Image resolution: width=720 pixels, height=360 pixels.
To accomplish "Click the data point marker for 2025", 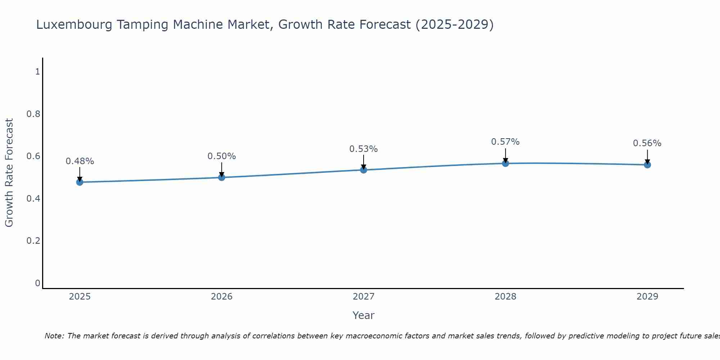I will (80, 182).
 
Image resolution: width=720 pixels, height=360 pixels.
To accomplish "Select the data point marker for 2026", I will (222, 177).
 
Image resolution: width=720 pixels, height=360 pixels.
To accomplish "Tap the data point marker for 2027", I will (364, 170).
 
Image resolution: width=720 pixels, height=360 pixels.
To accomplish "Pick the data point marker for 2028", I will (505, 163).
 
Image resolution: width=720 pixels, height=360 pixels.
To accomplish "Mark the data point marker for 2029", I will (647, 165).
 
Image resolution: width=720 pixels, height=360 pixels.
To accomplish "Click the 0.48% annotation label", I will (80, 161).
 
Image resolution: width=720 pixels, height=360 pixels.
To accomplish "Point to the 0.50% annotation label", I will (222, 156).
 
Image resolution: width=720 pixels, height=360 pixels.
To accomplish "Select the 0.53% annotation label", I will (364, 149).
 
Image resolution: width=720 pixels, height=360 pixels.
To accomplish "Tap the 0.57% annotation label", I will (505, 142).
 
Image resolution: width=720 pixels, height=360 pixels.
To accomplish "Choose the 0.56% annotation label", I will (647, 143).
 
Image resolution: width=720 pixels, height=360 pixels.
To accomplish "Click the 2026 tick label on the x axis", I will (222, 297).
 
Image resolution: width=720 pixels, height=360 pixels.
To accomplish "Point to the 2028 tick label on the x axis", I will (505, 297).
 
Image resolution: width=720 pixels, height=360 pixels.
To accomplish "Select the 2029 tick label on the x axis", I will (647, 297).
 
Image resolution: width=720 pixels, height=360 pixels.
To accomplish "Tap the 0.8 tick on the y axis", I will (33, 114).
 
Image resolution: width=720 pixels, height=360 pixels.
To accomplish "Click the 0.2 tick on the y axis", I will (33, 240).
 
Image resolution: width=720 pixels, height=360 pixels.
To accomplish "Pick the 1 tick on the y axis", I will (37, 72).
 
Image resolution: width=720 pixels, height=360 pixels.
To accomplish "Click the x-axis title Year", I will (364, 315).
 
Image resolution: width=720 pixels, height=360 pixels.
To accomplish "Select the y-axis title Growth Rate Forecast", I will (9, 173).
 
